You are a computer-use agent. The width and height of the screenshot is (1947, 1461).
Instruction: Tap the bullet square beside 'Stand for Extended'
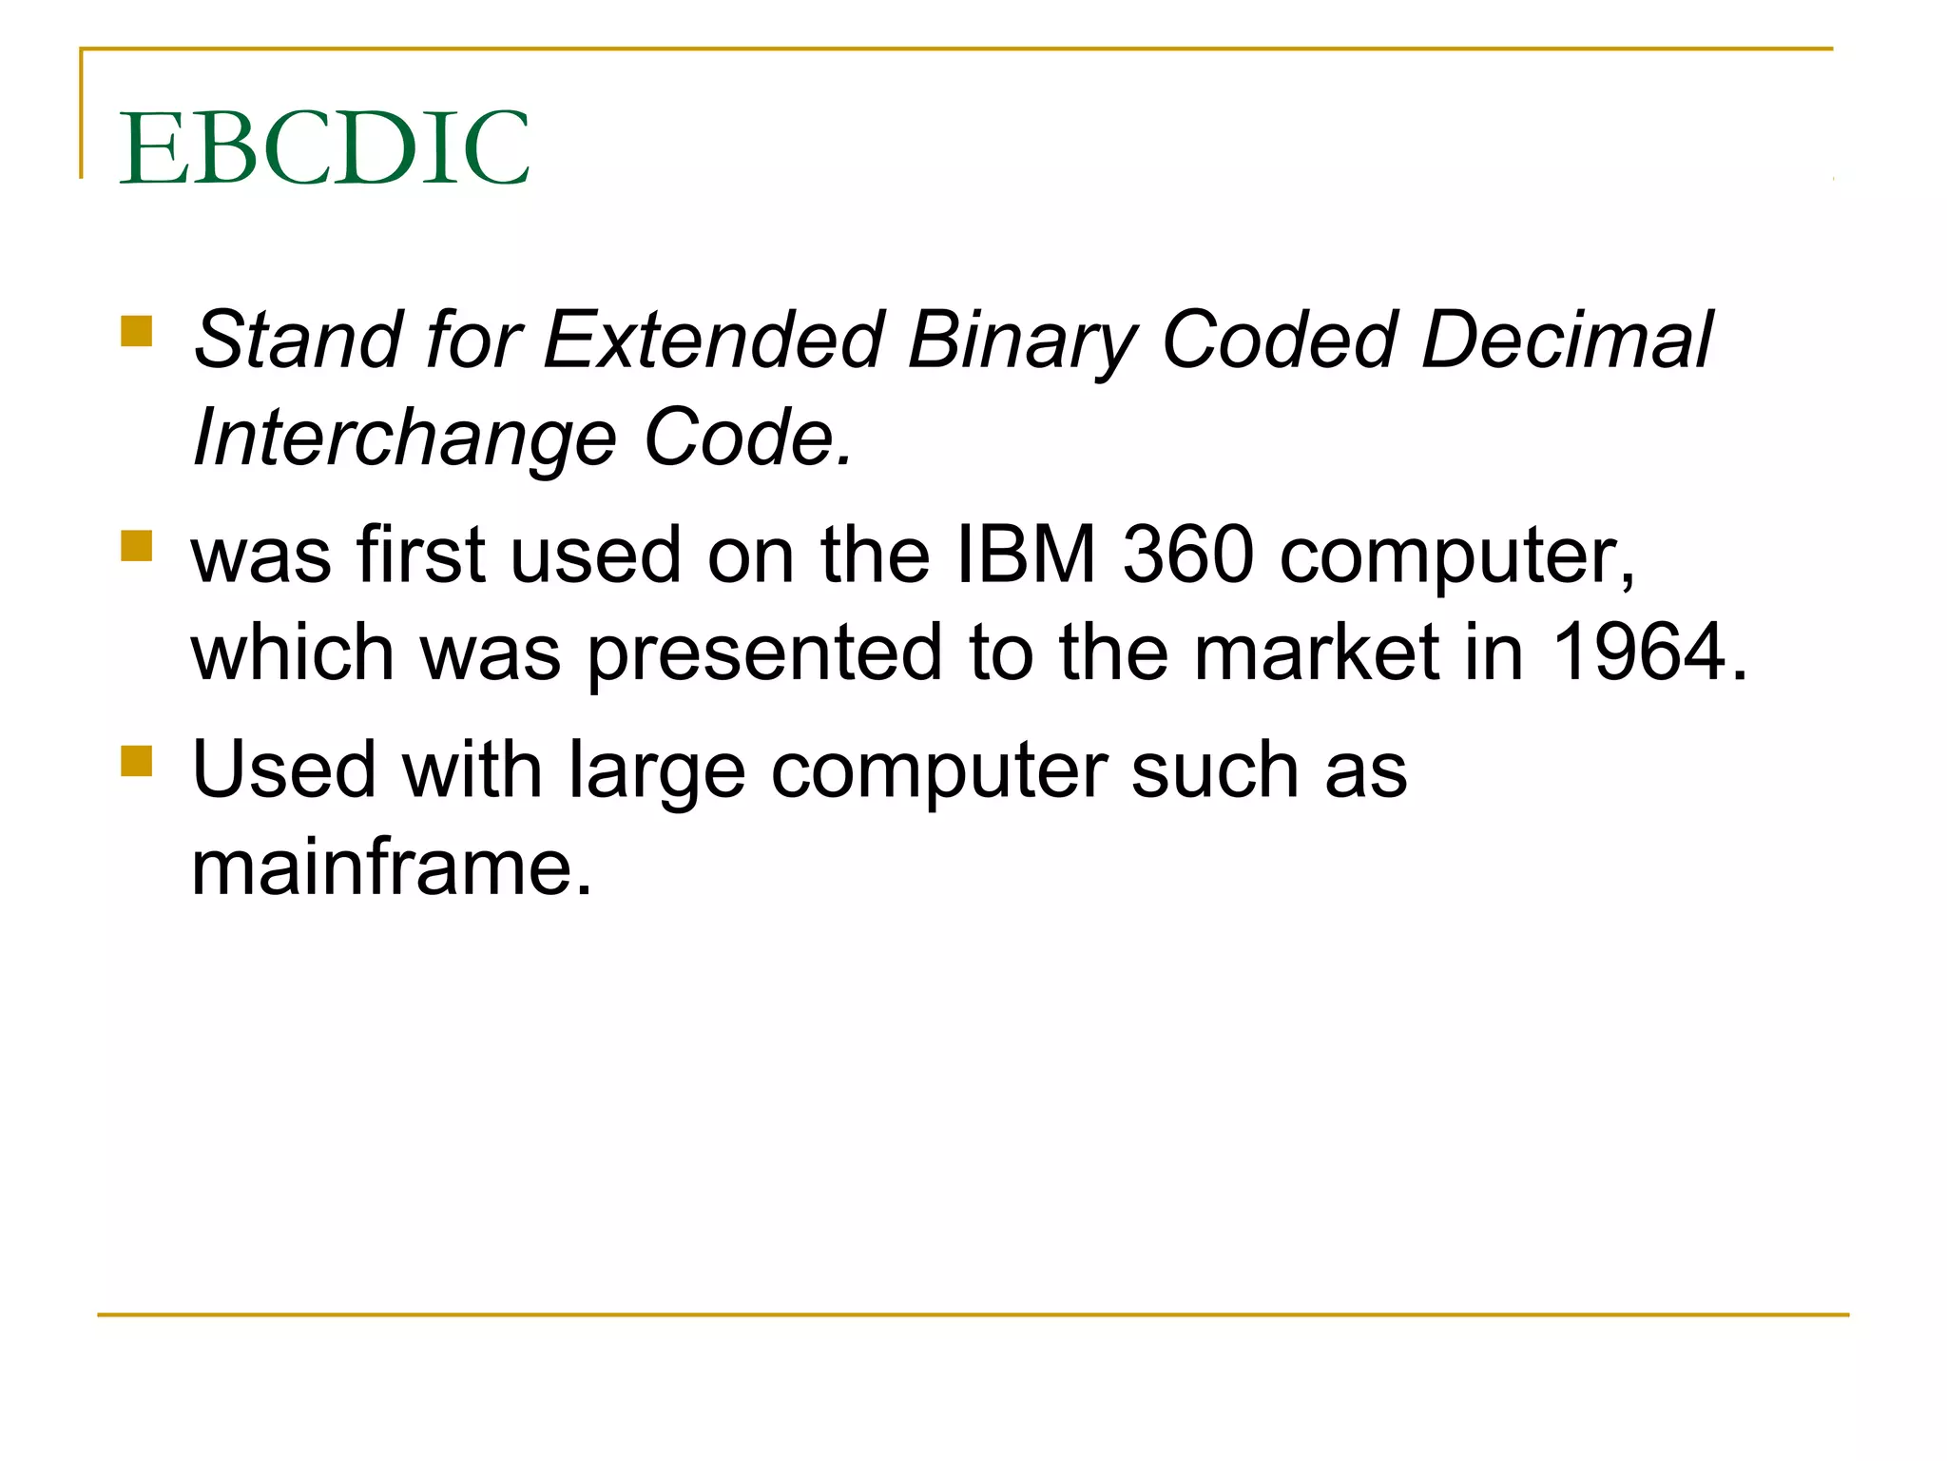pyautogui.click(x=137, y=332)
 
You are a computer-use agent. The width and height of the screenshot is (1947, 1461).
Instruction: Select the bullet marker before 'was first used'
pyautogui.click(x=137, y=547)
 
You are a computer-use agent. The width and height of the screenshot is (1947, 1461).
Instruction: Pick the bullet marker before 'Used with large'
pyautogui.click(x=137, y=761)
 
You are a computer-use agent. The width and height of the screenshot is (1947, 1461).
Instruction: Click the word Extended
pyautogui.click(x=714, y=340)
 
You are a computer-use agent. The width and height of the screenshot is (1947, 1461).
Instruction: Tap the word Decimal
pyautogui.click(x=1567, y=340)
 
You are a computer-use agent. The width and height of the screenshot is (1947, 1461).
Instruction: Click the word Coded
pyautogui.click(x=1280, y=340)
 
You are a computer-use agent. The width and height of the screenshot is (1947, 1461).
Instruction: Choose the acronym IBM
pyautogui.click(x=1026, y=555)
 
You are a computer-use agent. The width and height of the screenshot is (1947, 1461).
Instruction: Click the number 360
pyautogui.click(x=1188, y=555)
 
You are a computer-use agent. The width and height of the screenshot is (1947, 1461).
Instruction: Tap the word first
pyautogui.click(x=421, y=555)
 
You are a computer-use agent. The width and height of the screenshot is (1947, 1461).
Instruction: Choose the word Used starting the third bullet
pyautogui.click(x=283, y=769)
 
